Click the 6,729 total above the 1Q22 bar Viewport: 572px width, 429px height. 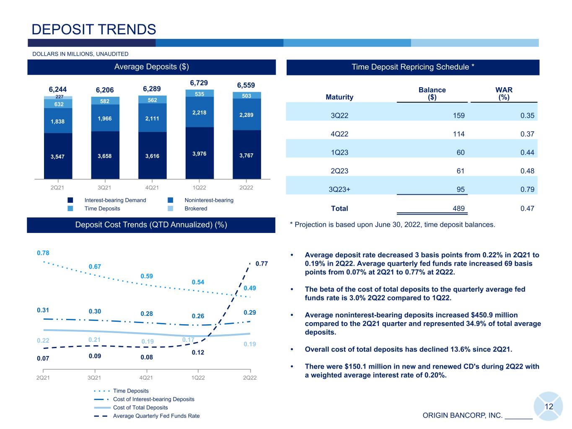[199, 83]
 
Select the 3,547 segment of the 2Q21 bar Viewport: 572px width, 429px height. [58, 156]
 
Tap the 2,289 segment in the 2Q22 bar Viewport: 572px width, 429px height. [246, 114]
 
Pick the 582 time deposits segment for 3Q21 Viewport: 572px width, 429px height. [105, 101]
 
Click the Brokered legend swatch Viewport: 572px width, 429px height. [171, 208]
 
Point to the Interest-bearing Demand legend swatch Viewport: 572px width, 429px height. [70, 200]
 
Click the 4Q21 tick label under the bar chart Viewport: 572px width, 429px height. [152, 188]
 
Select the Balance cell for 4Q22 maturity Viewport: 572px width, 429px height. [458, 134]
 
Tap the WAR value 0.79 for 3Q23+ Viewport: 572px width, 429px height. [527, 189]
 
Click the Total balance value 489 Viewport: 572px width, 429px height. [458, 208]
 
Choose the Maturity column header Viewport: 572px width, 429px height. [339, 97]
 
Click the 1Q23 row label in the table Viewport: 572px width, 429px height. [339, 152]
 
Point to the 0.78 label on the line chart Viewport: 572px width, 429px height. [43, 253]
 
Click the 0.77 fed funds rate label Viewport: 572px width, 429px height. [261, 264]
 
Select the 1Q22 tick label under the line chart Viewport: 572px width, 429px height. [198, 378]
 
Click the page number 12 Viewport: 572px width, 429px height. [549, 407]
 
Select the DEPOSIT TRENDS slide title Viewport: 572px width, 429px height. [94, 29]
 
